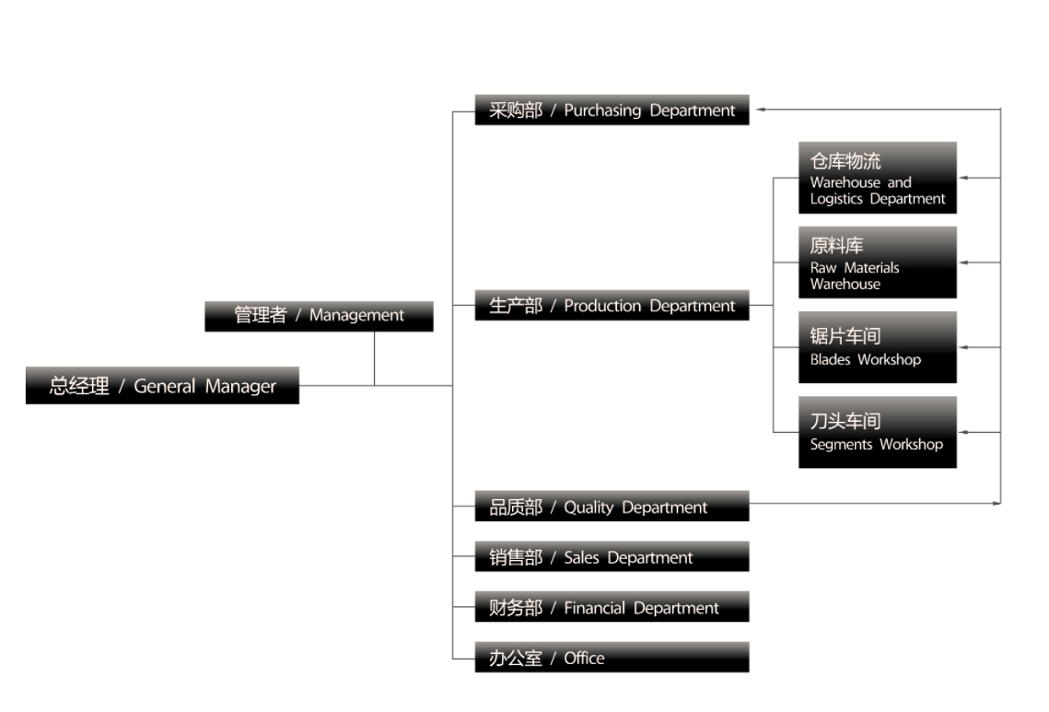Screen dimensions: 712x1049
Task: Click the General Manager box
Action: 162,386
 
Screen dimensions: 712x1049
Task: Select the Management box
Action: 319,315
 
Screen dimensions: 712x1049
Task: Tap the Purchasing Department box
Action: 612,111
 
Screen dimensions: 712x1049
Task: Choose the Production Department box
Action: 612,306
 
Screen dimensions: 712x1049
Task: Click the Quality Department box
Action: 612,507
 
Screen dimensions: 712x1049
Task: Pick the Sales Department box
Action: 612,557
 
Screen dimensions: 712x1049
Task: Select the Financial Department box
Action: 612,608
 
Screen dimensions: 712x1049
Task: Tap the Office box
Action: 612,658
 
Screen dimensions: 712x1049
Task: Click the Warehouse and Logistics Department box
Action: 877,178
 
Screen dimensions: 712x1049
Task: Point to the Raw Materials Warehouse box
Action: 877,263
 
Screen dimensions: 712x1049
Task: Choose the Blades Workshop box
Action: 877,347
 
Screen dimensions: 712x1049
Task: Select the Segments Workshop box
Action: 877,432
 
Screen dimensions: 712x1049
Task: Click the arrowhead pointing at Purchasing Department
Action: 762,110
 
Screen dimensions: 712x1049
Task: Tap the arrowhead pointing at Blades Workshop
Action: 963,347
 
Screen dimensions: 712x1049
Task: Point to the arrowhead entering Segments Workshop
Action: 963,432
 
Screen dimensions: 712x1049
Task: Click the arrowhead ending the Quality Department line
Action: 997,503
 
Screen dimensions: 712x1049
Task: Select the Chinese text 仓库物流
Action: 845,161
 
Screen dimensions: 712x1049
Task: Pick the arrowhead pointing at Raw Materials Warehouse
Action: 963,263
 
